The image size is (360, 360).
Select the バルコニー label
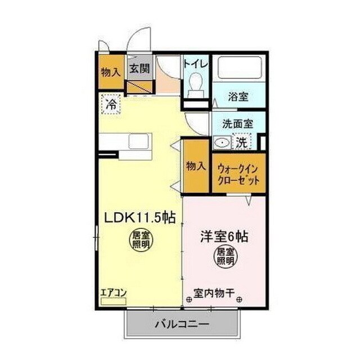tap(182, 325)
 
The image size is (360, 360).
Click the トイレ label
tap(196, 63)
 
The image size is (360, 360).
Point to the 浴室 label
tap(238, 96)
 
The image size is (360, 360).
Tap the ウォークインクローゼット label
tap(237, 174)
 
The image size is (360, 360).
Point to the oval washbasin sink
tap(223, 143)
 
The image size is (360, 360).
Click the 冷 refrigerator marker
tap(111, 104)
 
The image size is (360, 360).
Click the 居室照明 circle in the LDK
tap(141, 240)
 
